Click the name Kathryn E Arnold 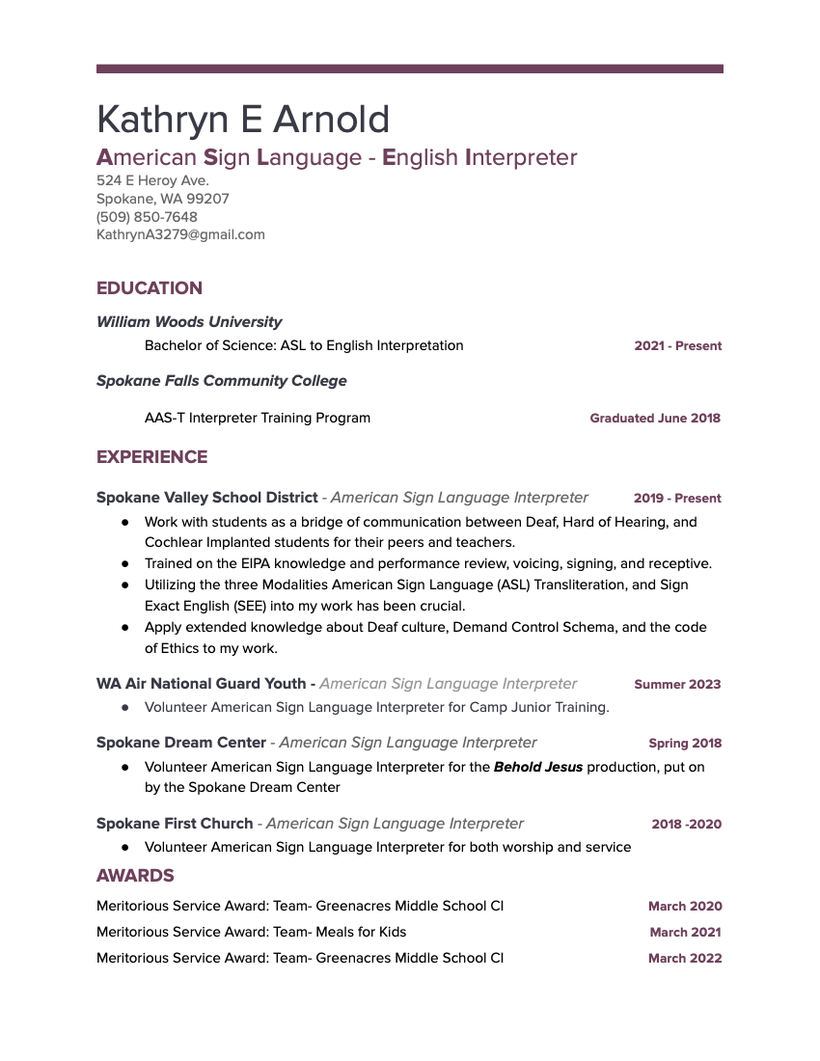coord(243,120)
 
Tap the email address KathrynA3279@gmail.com coord(180,234)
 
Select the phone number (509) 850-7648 coord(147,217)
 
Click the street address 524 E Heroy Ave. coord(152,180)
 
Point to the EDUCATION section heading coord(150,288)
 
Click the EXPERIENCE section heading coord(151,457)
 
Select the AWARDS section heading coord(135,876)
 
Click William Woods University coord(189,322)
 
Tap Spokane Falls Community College coord(221,381)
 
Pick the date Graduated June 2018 coord(655,419)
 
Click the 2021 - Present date coord(677,346)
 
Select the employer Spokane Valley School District coord(206,498)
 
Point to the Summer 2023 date coord(677,685)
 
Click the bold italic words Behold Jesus coord(538,767)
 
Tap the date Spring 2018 coord(685,744)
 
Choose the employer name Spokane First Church coord(175,824)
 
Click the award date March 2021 coord(685,933)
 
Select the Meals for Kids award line coord(252,932)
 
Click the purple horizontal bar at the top coord(410,68)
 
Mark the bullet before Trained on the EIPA coord(125,563)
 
